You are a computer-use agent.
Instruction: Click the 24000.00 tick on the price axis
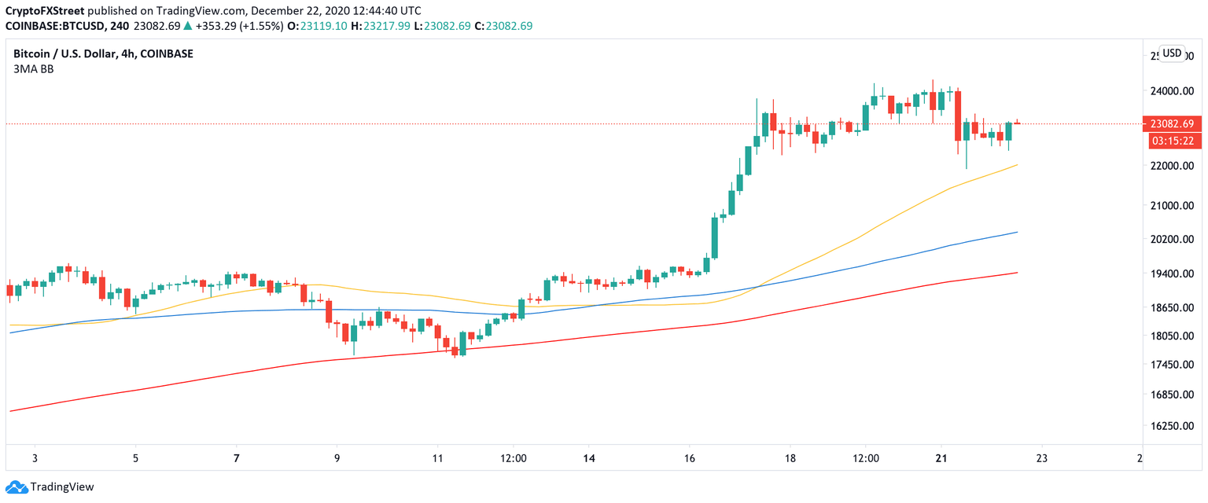[1171, 90]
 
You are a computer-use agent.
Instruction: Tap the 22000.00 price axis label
[1171, 166]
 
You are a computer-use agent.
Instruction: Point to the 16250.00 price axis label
[1171, 426]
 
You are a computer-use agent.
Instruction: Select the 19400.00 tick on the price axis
[1171, 274]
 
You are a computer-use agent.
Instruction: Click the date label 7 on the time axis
[237, 457]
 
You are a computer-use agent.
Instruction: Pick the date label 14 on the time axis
[589, 457]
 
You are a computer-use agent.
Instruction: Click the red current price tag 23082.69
[1172, 124]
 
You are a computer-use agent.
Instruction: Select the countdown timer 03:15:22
[1172, 141]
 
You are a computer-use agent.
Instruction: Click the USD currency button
[1172, 53]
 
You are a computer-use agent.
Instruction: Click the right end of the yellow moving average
[1018, 165]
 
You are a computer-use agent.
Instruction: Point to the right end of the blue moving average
[1018, 232]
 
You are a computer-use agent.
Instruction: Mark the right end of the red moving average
[1018, 273]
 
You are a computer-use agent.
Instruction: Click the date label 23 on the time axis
[1040, 457]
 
